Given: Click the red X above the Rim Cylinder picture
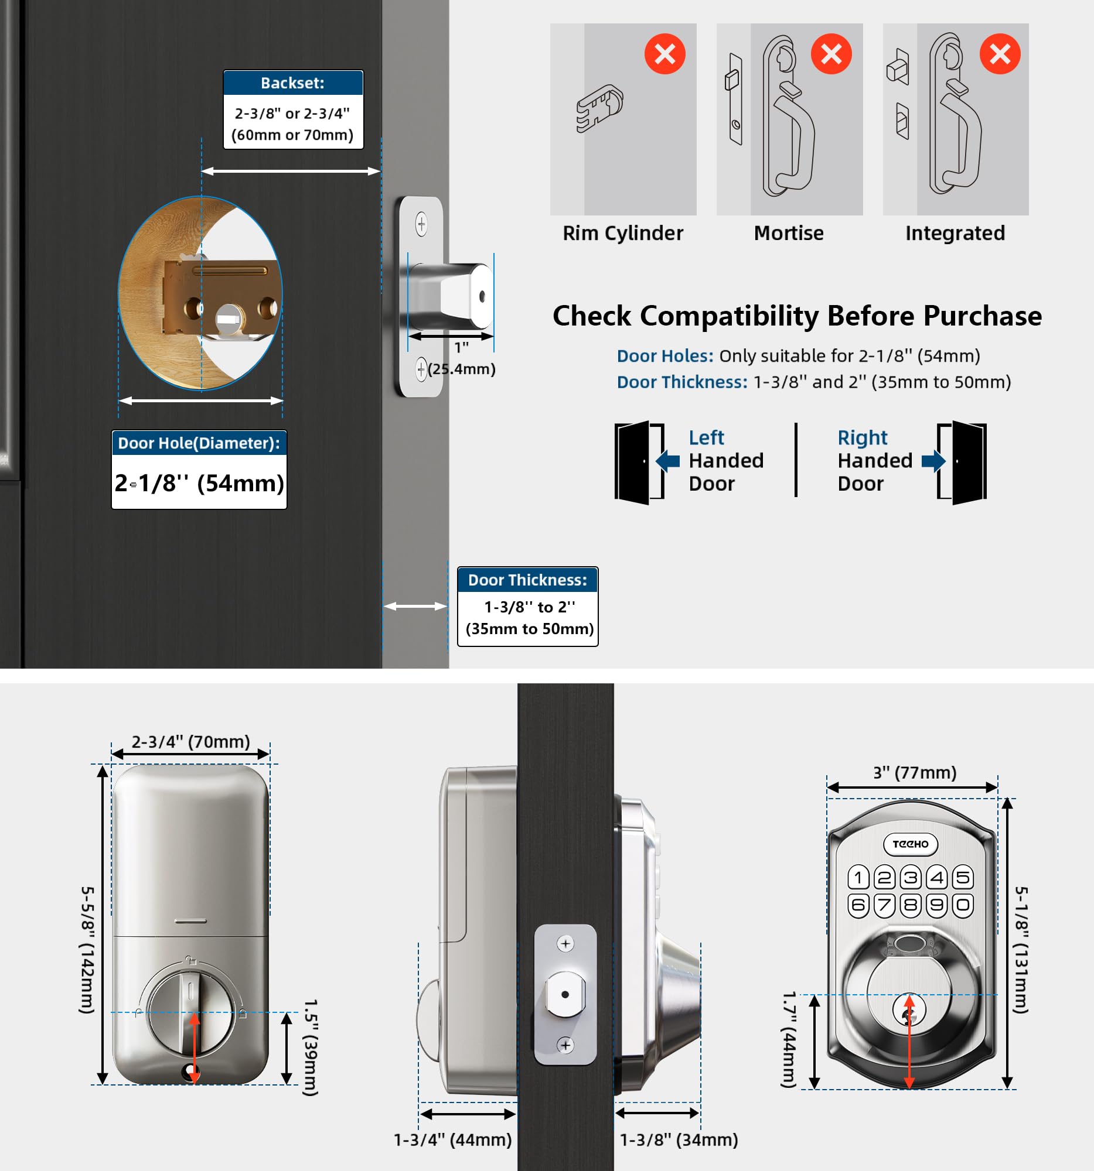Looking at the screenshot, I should [664, 54].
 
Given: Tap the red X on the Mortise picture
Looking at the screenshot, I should [831, 54].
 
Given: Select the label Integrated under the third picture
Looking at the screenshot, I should [955, 233].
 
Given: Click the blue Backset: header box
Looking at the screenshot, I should [293, 83].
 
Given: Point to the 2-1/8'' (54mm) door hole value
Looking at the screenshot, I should [199, 483].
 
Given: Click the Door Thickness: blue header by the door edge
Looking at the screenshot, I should [527, 580].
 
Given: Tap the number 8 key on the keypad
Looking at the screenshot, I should [911, 905].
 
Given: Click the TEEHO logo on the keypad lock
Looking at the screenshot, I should [911, 844].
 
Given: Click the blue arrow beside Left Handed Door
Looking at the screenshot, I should [668, 461].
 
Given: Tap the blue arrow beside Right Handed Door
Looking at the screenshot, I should [933, 461].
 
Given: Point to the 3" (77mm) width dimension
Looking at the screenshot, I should [915, 772].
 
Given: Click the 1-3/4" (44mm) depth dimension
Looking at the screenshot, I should [453, 1140].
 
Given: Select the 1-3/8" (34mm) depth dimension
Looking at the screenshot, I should [679, 1140].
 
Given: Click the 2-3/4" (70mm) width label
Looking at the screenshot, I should [190, 742].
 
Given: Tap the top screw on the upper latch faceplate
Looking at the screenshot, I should [421, 224].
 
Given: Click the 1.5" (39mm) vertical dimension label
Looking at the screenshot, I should [310, 1047].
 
